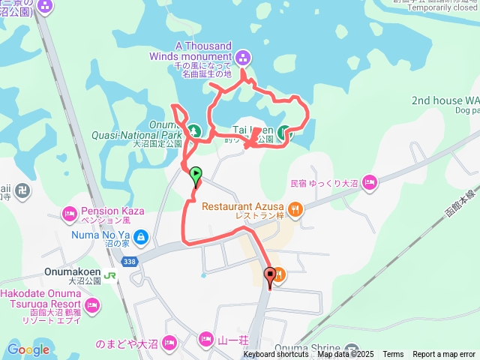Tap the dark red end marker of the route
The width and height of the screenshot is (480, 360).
pos(270,274)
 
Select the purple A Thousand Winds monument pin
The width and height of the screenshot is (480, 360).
pos(242,58)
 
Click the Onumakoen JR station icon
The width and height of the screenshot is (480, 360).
pos(110,276)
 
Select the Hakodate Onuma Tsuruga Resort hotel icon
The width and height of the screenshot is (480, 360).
pos(92,305)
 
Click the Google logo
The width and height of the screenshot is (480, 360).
pos(28,349)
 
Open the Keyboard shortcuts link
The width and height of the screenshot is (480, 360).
pos(275,355)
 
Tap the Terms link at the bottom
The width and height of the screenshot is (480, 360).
pos(393,355)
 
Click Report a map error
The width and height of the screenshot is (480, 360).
pos(444,355)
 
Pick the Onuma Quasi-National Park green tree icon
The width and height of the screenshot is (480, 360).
pos(193,132)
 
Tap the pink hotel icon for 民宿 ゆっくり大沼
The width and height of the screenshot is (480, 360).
pos(369,182)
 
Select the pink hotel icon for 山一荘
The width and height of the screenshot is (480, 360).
pos(206,341)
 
